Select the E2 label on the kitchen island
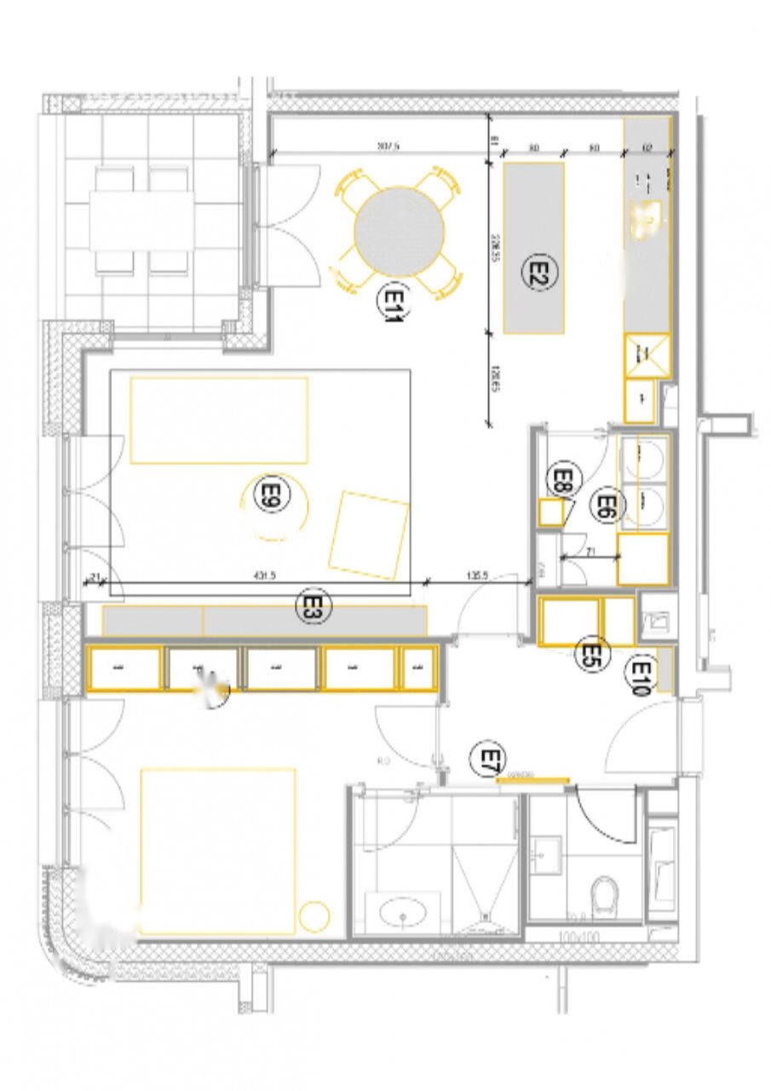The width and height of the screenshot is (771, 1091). (x=537, y=272)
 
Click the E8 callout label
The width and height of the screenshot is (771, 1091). (x=562, y=481)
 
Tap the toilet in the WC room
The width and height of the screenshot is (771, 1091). (x=605, y=894)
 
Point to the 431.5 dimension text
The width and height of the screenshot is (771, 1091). (x=264, y=576)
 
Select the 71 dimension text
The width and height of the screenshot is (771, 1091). (x=590, y=551)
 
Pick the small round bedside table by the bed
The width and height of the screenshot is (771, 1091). (x=314, y=915)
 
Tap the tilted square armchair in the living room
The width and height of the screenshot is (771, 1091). (x=368, y=534)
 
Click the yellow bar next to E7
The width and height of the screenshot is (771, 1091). (x=533, y=778)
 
